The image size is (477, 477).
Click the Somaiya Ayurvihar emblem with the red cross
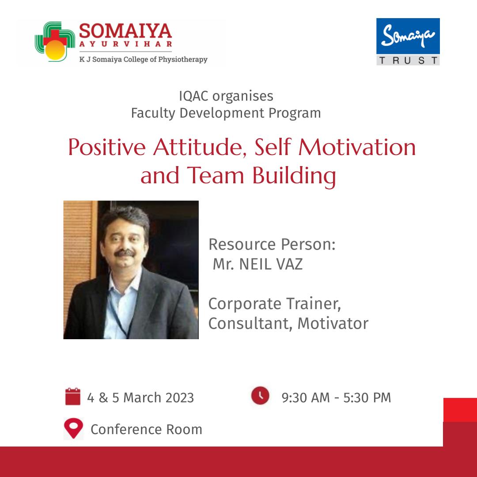[55, 42]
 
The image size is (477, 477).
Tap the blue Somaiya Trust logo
[408, 42]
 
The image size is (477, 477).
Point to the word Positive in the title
[107, 147]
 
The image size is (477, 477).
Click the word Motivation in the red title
[357, 147]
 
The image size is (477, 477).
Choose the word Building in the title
[294, 176]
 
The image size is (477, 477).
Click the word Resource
[242, 244]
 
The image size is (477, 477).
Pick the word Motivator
[333, 323]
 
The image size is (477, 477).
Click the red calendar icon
[73, 396]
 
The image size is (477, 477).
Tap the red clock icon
[260, 395]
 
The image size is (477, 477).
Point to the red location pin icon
[73, 428]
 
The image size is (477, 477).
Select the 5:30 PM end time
[367, 398]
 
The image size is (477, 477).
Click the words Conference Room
[146, 430]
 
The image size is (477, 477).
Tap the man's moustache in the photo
[125, 253]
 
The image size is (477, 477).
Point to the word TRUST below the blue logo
[408, 60]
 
